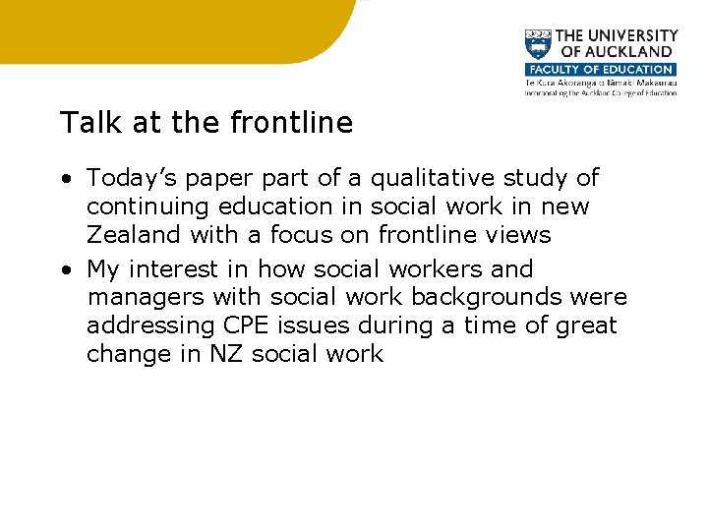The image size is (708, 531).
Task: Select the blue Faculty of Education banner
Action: [x=600, y=70]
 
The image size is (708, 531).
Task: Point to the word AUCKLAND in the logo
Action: [x=626, y=51]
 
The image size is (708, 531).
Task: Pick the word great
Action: [x=581, y=325]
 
